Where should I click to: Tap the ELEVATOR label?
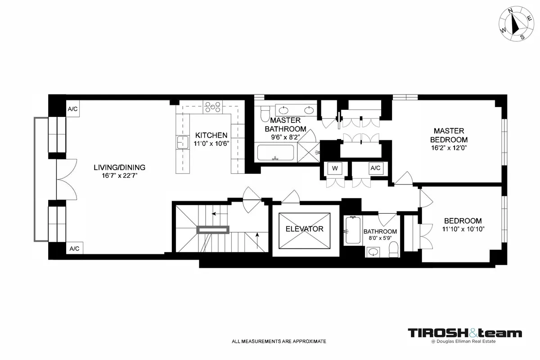pos(305,229)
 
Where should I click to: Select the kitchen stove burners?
pos(212,107)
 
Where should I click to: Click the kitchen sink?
pos(182,142)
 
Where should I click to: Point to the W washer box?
pos(335,168)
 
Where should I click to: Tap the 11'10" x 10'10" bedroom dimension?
pos(463,229)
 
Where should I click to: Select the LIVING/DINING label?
pos(119,167)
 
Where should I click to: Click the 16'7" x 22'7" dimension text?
pos(119,175)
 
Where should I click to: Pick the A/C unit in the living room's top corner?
pos(73,109)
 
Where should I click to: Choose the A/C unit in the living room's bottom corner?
pos(73,248)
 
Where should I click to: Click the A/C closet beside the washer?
pos(375,168)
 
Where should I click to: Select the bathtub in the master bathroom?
pos(275,153)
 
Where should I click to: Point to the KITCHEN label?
pos(211,135)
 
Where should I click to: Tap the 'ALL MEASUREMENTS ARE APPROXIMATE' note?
pos(279,342)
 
